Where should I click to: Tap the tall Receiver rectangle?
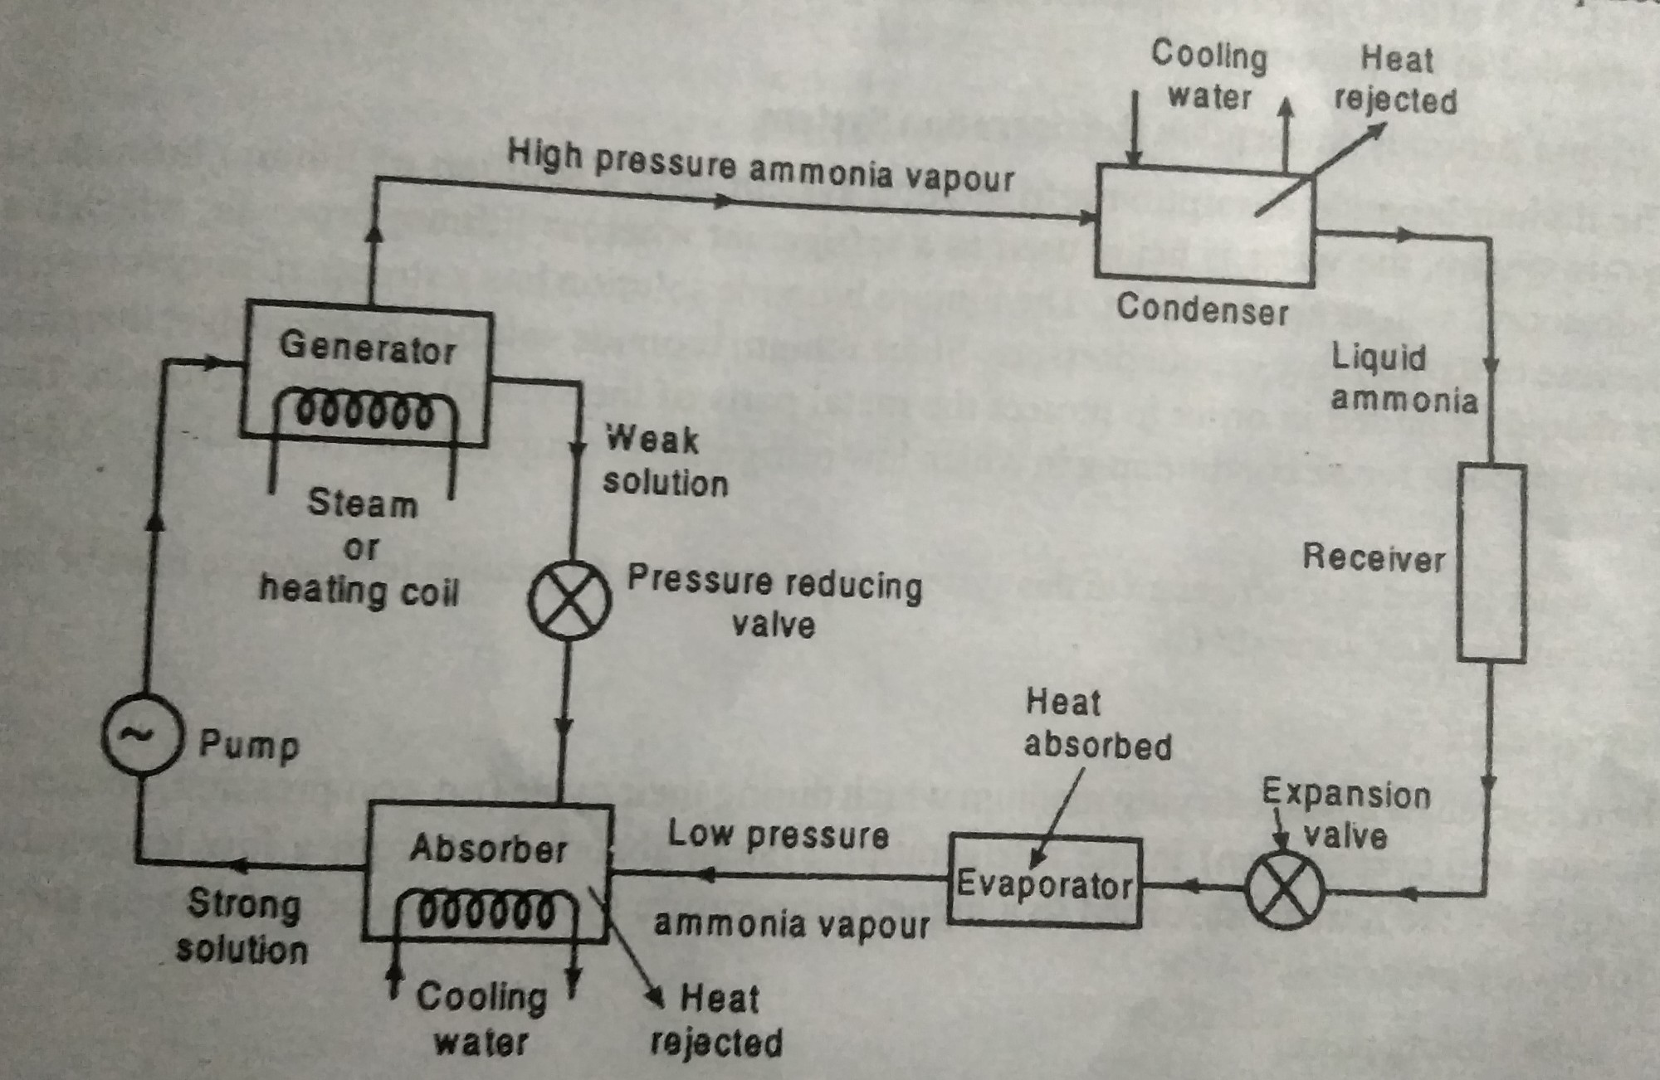[x=1492, y=563]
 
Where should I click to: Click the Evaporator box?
[x=1045, y=883]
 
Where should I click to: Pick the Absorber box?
[x=487, y=871]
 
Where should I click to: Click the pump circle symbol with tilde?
[x=141, y=735]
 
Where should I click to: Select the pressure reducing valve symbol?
[x=569, y=600]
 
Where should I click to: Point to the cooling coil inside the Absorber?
[x=486, y=912]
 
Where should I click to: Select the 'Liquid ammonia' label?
[x=1403, y=378]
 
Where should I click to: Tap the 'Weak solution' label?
[x=664, y=461]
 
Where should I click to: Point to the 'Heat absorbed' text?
[x=1096, y=724]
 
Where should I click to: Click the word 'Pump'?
[x=248, y=745]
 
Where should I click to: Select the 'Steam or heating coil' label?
[x=360, y=547]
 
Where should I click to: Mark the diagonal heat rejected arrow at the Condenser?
[x=1320, y=169]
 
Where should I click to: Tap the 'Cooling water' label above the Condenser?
[x=1208, y=75]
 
